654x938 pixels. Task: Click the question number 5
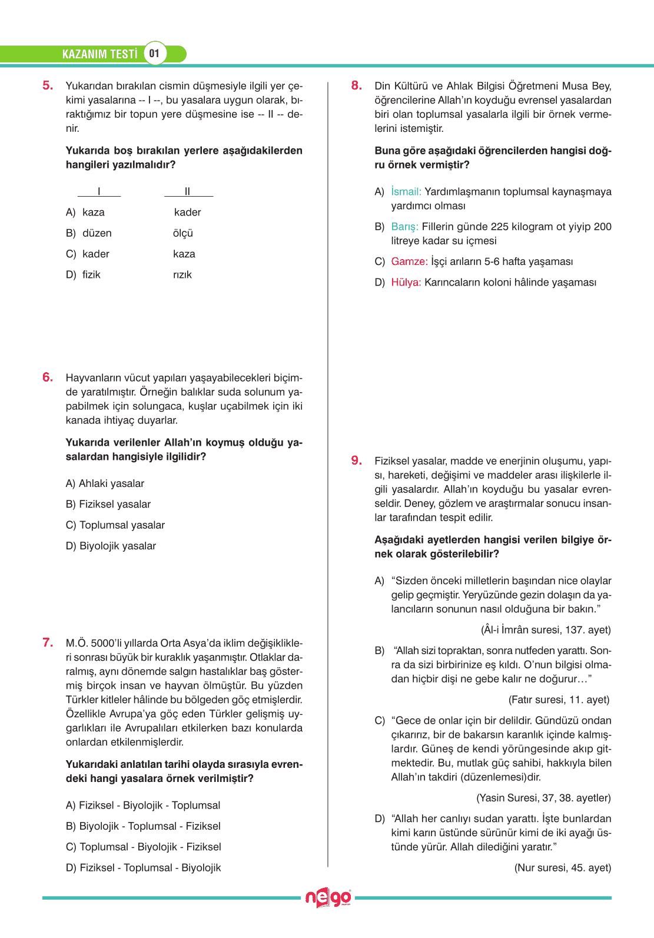48,85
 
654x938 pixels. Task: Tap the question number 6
48,377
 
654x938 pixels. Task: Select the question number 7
48,642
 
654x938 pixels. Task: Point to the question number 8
356,85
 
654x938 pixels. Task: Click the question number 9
356,460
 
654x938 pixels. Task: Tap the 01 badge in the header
154,54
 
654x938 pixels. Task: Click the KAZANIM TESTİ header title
99,54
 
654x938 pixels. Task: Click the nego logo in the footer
328,898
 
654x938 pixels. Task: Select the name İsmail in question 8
406,192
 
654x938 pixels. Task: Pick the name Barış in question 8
404,227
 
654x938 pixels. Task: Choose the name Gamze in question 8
409,261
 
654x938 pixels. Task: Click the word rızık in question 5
182,275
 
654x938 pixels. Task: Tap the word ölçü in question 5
183,233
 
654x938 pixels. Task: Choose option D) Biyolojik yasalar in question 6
111,546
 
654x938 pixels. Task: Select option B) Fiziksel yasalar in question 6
108,504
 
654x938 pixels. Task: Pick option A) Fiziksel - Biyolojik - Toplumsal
143,805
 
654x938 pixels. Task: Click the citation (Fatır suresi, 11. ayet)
559,700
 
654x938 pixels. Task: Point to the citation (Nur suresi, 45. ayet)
562,867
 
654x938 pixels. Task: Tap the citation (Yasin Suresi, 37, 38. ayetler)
543,798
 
